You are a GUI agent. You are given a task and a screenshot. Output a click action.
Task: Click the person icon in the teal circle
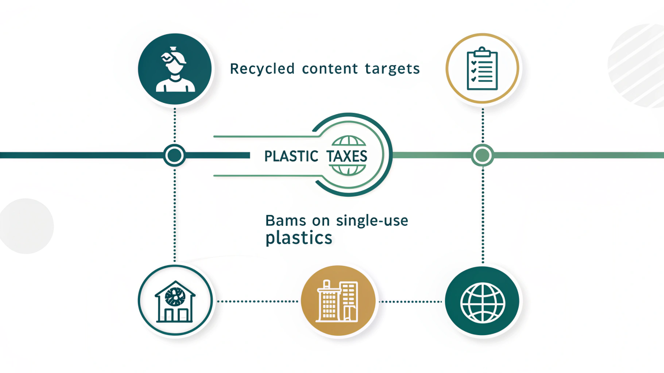click(x=175, y=70)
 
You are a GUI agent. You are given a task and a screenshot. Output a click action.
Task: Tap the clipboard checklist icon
click(x=482, y=69)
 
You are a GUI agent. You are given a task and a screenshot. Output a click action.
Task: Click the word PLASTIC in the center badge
click(x=291, y=156)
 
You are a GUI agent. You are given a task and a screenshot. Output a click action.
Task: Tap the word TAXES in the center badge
click(x=347, y=156)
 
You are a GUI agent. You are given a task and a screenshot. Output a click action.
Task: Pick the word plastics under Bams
click(x=299, y=238)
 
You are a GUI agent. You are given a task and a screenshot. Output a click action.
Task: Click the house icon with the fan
click(x=175, y=301)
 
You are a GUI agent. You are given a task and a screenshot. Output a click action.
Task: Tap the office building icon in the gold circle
click(x=338, y=301)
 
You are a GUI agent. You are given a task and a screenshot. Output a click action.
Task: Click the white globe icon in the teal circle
click(x=482, y=302)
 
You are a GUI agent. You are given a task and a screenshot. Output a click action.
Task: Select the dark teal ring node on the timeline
click(x=175, y=155)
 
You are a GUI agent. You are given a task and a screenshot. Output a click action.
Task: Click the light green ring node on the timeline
click(x=482, y=155)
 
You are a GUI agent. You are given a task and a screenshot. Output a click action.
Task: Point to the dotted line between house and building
click(x=257, y=301)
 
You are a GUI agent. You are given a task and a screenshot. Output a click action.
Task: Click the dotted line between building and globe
click(x=411, y=301)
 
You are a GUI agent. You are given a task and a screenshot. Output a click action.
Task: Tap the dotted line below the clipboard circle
click(x=483, y=125)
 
